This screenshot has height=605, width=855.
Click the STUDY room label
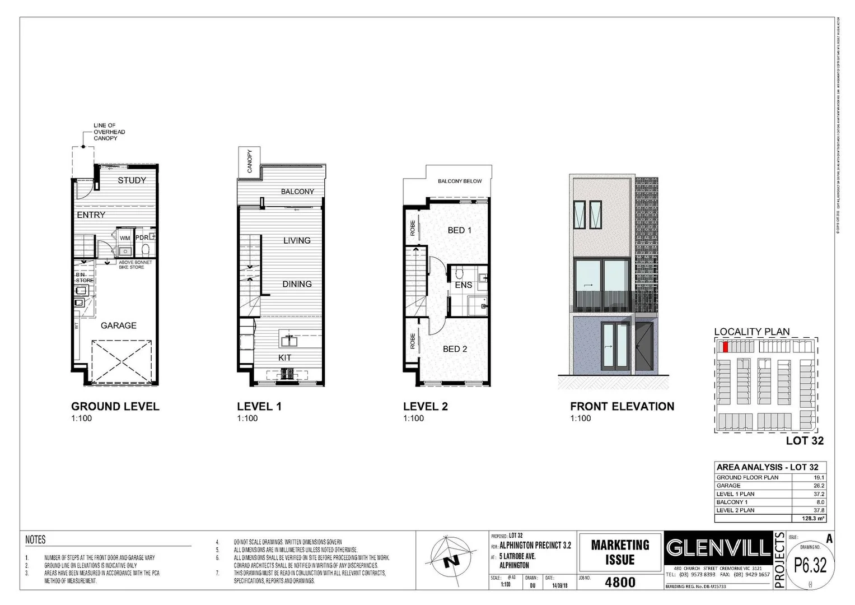[132, 180]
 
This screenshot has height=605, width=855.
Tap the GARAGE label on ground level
[118, 325]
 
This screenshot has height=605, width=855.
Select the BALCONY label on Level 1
[297, 192]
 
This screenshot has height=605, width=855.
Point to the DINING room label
[297, 284]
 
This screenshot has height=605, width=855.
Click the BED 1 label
[459, 230]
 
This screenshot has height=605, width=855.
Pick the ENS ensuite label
[463, 285]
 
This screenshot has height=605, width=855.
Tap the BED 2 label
[455, 349]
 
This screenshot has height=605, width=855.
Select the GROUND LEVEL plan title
[115, 407]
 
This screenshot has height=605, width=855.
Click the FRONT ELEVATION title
[622, 407]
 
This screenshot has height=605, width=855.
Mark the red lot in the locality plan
[725, 347]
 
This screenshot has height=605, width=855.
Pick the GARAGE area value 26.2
[819, 486]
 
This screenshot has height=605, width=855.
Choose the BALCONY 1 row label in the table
[732, 502]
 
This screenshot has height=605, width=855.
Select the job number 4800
[620, 582]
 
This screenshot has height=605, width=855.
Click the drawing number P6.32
[810, 566]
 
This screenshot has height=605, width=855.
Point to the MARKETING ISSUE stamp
[620, 552]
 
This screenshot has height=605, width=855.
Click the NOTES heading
[35, 540]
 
